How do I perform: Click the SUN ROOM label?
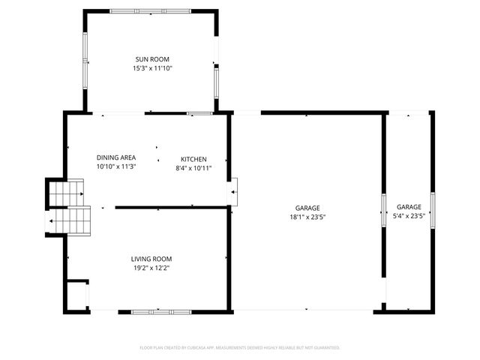tap(152, 59)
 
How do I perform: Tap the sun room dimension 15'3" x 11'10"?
tap(152, 68)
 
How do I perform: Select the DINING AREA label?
tap(116, 157)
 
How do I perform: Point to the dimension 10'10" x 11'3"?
tap(116, 166)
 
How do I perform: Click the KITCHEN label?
tap(193, 159)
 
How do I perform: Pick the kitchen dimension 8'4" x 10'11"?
tap(193, 168)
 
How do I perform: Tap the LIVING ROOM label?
tap(153, 259)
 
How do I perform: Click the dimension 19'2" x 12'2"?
tap(153, 268)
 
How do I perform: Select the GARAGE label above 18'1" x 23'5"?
tap(307, 207)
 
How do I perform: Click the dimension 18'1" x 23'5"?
tap(307, 216)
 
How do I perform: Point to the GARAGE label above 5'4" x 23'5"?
tap(409, 207)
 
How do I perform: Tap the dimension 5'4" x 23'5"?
tap(409, 216)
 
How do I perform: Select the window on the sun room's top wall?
tap(151, 10)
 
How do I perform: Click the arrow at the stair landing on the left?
tap(52, 221)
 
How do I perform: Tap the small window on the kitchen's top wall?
tap(199, 113)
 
